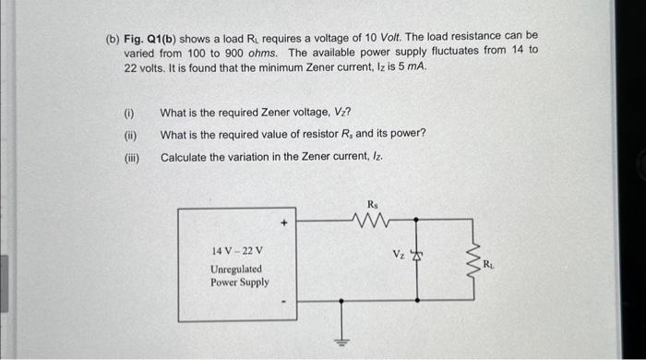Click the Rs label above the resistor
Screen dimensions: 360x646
click(373, 204)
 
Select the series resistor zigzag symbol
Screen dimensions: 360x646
click(373, 221)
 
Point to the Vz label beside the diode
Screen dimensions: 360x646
click(398, 253)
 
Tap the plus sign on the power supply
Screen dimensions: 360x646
click(285, 223)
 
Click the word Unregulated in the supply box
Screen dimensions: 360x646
click(235, 269)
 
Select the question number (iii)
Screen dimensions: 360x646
click(131, 158)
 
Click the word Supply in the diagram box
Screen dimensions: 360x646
click(254, 282)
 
